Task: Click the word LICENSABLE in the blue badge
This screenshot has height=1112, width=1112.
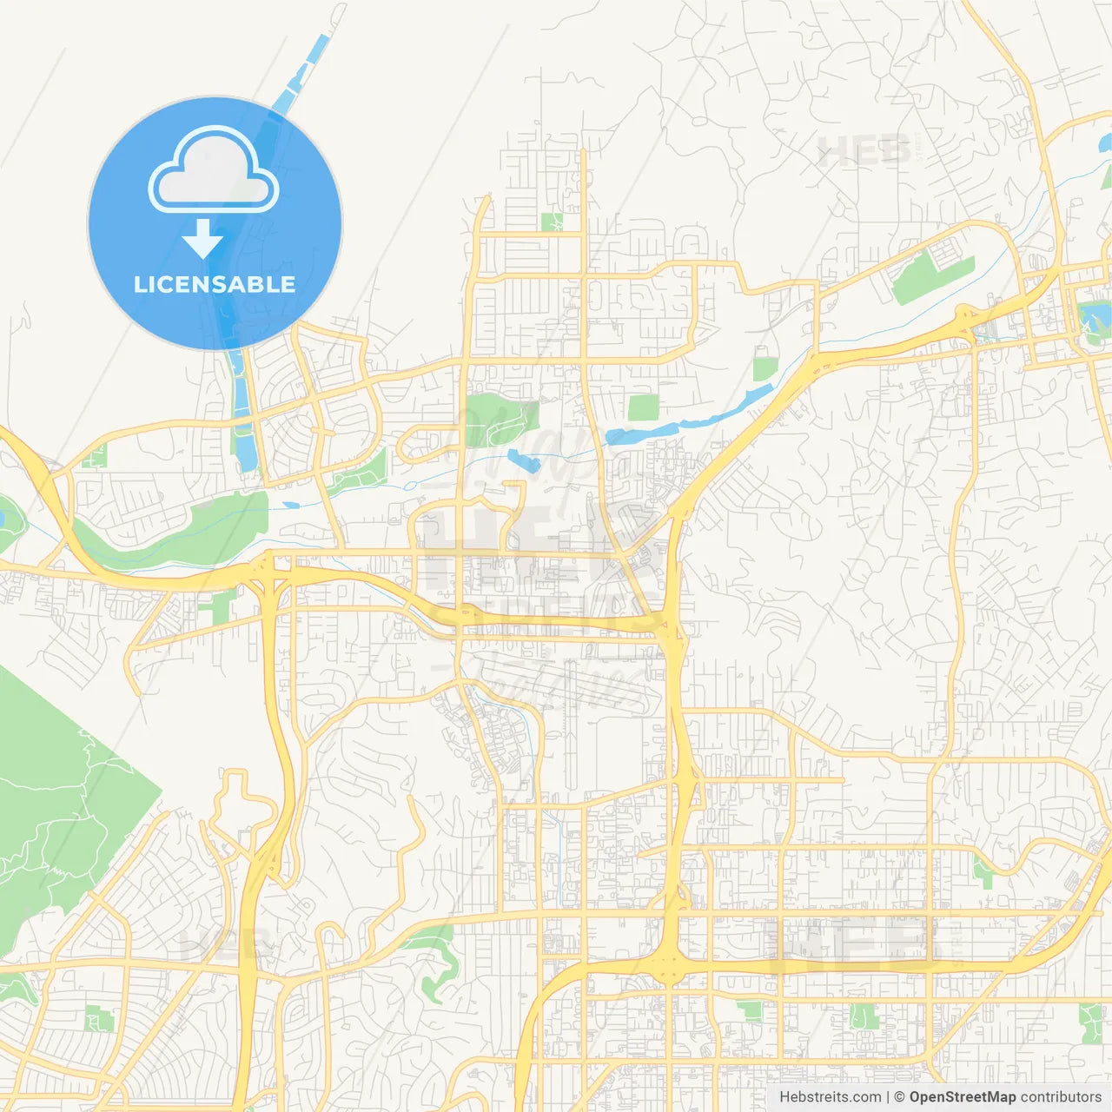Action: pos(215,284)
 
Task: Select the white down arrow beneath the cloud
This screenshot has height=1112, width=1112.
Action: pos(202,238)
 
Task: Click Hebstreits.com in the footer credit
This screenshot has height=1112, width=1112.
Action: pos(830,1097)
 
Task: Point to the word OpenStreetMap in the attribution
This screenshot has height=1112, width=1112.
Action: pos(962,1097)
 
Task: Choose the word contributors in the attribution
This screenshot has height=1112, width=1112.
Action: pos(1060,1097)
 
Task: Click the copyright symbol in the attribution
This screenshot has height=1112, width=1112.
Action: pos(899,1097)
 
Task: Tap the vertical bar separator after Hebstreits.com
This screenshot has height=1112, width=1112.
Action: pos(888,1097)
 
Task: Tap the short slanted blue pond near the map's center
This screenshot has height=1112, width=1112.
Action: pos(524,460)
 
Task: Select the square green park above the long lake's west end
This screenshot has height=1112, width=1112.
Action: pos(643,407)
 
